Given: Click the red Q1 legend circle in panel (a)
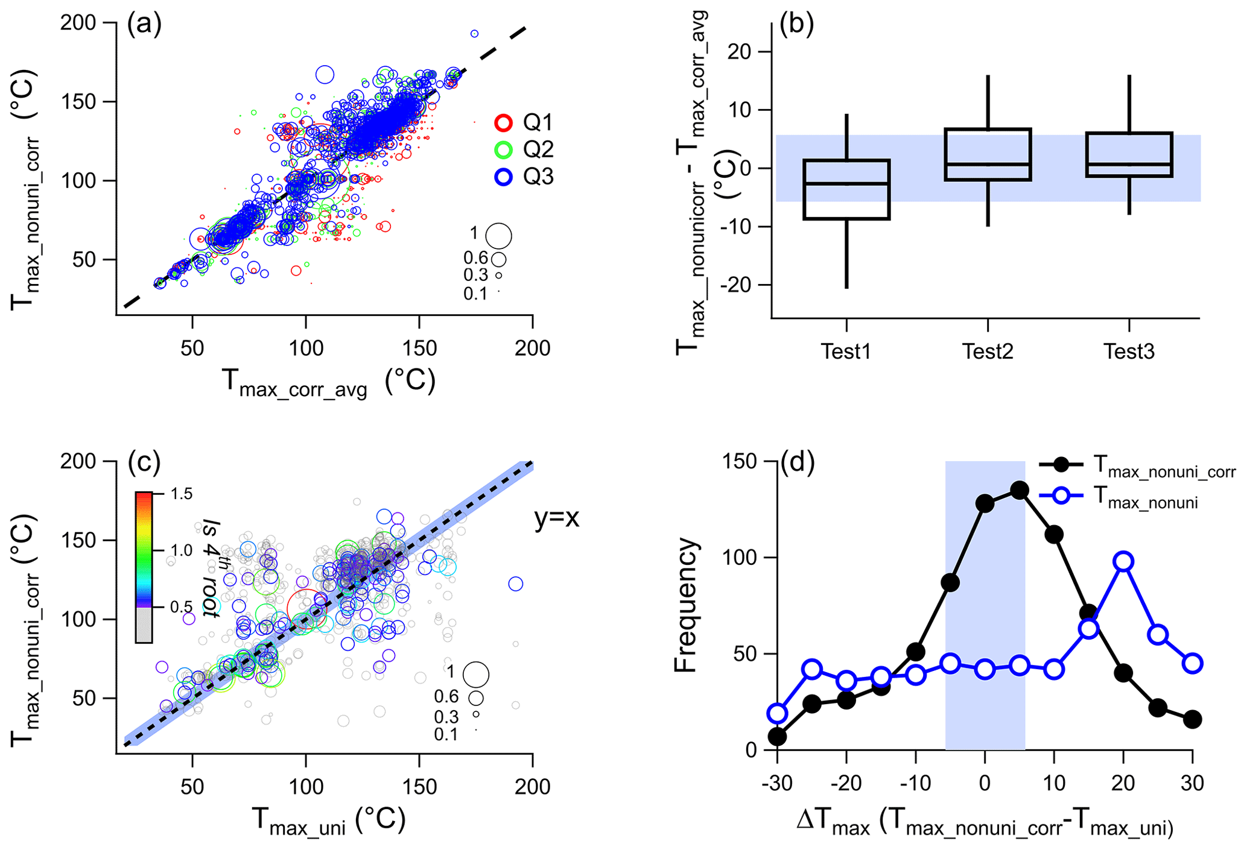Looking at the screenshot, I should tap(503, 123).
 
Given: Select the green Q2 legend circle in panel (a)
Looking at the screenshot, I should tap(503, 150).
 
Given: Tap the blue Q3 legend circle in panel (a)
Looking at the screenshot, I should tap(503, 177).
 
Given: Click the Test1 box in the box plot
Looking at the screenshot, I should tap(846, 189).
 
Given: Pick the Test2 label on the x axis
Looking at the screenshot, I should tap(988, 351).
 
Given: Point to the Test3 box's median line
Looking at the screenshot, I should tap(1129, 164).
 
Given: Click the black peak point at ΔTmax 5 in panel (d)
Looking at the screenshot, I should tap(1020, 490).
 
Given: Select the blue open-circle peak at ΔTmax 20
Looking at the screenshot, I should tap(1123, 561).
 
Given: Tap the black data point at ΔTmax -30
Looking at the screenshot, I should tap(778, 737).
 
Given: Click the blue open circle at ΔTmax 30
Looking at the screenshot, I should tap(1193, 663).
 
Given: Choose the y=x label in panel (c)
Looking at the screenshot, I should tap(556, 518).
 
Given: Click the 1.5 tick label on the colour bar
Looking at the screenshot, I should tap(181, 494).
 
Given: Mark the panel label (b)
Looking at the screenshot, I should tap(797, 24).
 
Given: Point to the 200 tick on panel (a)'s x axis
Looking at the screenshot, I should tap(532, 348).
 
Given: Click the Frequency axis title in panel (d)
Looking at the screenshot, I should tap(685, 605).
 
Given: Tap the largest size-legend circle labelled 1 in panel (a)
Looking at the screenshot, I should tap(499, 236).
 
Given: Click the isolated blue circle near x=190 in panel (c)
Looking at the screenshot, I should tap(515, 584).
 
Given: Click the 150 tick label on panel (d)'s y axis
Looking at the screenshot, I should tap(740, 462).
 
